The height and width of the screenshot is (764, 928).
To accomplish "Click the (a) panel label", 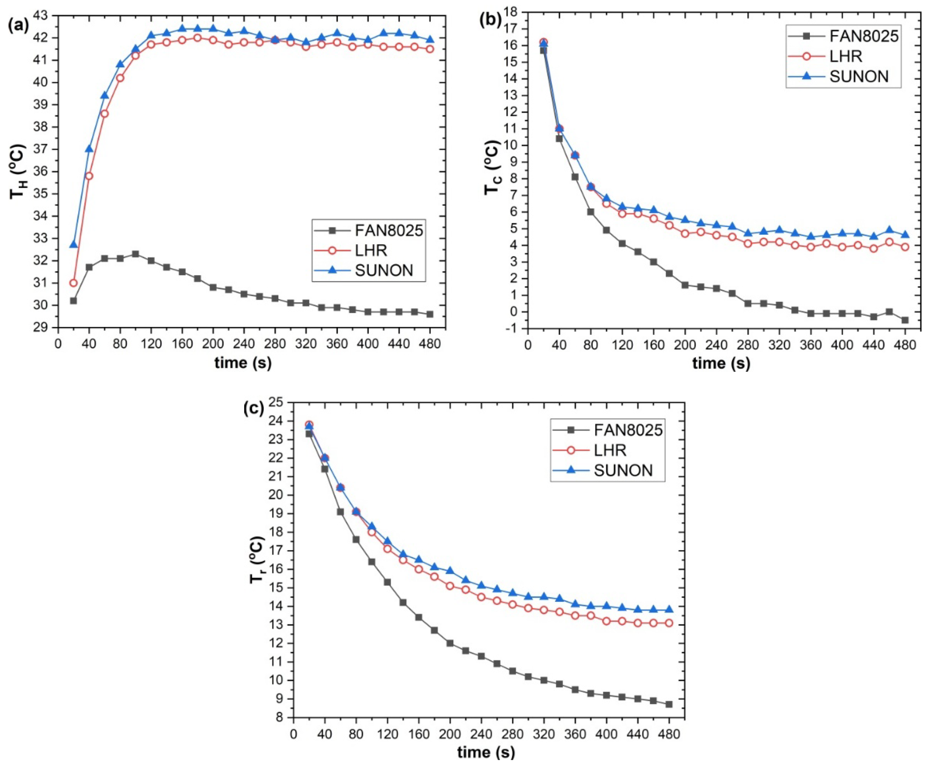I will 18,26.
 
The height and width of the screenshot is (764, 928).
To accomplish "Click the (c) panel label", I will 254,408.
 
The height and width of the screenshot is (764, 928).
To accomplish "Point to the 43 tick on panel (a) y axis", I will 46,15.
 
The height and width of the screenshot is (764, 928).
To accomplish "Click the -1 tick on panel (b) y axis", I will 513,329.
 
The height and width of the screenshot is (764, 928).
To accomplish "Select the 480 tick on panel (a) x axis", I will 430,344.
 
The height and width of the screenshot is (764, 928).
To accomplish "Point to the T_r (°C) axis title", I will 258,561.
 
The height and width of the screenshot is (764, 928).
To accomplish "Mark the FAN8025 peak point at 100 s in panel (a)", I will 135,254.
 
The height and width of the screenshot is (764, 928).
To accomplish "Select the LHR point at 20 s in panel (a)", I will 74,283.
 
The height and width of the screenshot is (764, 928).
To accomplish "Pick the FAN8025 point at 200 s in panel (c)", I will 450,643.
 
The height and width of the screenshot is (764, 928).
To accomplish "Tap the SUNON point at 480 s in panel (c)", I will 669,610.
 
